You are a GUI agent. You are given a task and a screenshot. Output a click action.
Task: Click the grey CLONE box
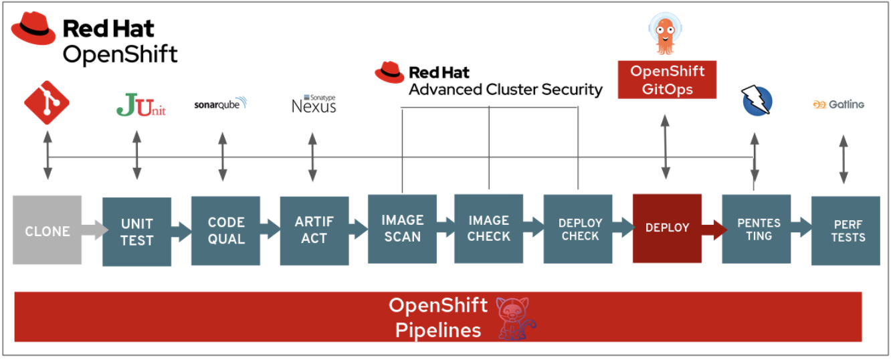point(47,230)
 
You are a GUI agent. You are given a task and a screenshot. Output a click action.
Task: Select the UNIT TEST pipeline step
point(136,232)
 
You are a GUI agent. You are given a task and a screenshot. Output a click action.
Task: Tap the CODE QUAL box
point(225,230)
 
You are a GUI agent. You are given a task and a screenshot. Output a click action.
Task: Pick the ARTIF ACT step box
point(314,230)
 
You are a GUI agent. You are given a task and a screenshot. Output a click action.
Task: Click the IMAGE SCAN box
point(402,228)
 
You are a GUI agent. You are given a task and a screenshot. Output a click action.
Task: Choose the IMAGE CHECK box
point(488,228)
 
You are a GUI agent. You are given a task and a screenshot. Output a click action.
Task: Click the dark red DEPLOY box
point(667,228)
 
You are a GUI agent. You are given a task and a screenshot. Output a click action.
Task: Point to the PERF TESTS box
point(846,231)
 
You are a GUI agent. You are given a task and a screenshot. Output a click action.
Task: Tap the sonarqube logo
point(220,104)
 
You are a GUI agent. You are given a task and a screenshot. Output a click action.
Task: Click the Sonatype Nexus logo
point(314,104)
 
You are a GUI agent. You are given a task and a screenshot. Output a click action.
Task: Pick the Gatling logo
point(838,104)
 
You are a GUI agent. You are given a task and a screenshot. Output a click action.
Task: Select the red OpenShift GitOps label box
point(667,80)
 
